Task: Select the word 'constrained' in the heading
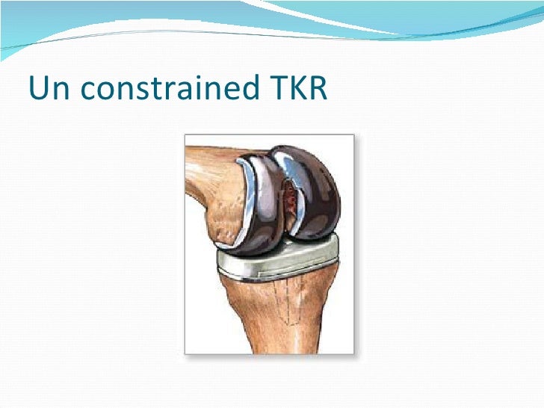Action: pyautogui.click(x=169, y=89)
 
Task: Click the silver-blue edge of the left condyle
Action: pyautogui.click(x=262, y=187)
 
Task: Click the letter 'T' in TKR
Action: pyautogui.click(x=276, y=89)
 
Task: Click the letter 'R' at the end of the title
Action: pyautogui.click(x=318, y=89)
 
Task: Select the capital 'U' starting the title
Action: pyautogui.click(x=38, y=89)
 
